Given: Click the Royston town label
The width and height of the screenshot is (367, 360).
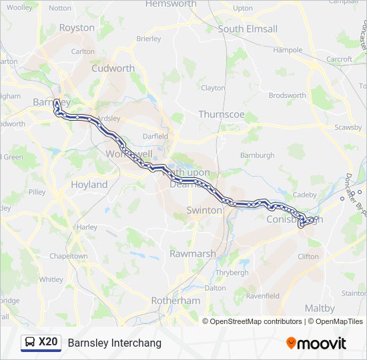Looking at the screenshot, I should click(77, 28).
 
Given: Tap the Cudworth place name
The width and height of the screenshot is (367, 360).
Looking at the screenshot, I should click(113, 68).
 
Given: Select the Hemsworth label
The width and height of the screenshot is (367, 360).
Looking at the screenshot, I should click(171, 4).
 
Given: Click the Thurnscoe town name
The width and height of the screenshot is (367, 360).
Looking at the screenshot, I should click(222, 115).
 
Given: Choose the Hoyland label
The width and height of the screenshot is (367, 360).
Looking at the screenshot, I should click(89, 185).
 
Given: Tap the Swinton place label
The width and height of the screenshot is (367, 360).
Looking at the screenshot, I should click(204, 210).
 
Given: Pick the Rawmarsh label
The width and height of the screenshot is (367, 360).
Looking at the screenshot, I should click(192, 254).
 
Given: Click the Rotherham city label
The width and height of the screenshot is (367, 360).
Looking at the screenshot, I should click(175, 301).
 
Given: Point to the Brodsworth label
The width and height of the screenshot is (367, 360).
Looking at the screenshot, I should click(287, 95).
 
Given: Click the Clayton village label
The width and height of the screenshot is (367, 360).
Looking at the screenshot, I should click(213, 88).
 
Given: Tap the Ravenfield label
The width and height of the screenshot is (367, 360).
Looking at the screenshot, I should click(262, 295).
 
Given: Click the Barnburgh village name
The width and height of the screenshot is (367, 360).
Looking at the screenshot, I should click(258, 155).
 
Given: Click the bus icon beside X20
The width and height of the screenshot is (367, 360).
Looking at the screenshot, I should click(30, 343).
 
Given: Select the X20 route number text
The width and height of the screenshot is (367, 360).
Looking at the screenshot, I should click(48, 343).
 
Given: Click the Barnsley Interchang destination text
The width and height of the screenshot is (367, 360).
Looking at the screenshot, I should click(114, 343).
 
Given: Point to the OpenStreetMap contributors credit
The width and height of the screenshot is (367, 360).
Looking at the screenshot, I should click(256, 321).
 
